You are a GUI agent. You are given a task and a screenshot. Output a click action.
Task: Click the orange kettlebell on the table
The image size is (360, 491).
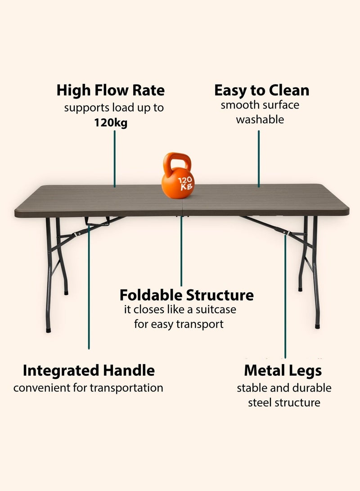coord(177,182)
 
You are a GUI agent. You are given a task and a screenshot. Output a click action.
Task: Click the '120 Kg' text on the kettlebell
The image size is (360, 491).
coord(185,184)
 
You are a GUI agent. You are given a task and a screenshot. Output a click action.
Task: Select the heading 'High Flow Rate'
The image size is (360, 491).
coord(111,90)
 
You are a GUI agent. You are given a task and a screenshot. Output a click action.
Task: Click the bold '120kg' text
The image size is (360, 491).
coord(111,123)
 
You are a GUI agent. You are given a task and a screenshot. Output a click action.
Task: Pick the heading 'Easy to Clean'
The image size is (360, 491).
coord(261,90)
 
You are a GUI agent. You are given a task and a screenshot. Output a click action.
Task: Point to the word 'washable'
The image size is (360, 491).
coord(260,120)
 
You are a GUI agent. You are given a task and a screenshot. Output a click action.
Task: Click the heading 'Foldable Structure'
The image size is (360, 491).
coord(186,295)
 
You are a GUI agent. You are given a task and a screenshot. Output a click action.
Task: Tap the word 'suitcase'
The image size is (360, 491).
coord(214,310)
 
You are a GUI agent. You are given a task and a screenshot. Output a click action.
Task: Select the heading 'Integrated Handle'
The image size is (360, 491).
coord(89,370)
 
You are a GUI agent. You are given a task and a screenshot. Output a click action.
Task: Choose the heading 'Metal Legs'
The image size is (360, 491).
coord(283,370)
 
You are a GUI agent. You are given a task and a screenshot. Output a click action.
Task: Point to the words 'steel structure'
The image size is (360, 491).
coord(284,402)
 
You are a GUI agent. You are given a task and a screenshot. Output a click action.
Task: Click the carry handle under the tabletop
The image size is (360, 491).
coord(97,221)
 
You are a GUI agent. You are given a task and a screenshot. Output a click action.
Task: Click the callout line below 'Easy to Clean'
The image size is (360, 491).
coord(259,158)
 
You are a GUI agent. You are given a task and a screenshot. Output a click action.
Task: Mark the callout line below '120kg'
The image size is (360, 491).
coord(114,158)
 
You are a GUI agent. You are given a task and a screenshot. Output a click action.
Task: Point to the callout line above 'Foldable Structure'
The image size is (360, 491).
coord(181,252)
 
